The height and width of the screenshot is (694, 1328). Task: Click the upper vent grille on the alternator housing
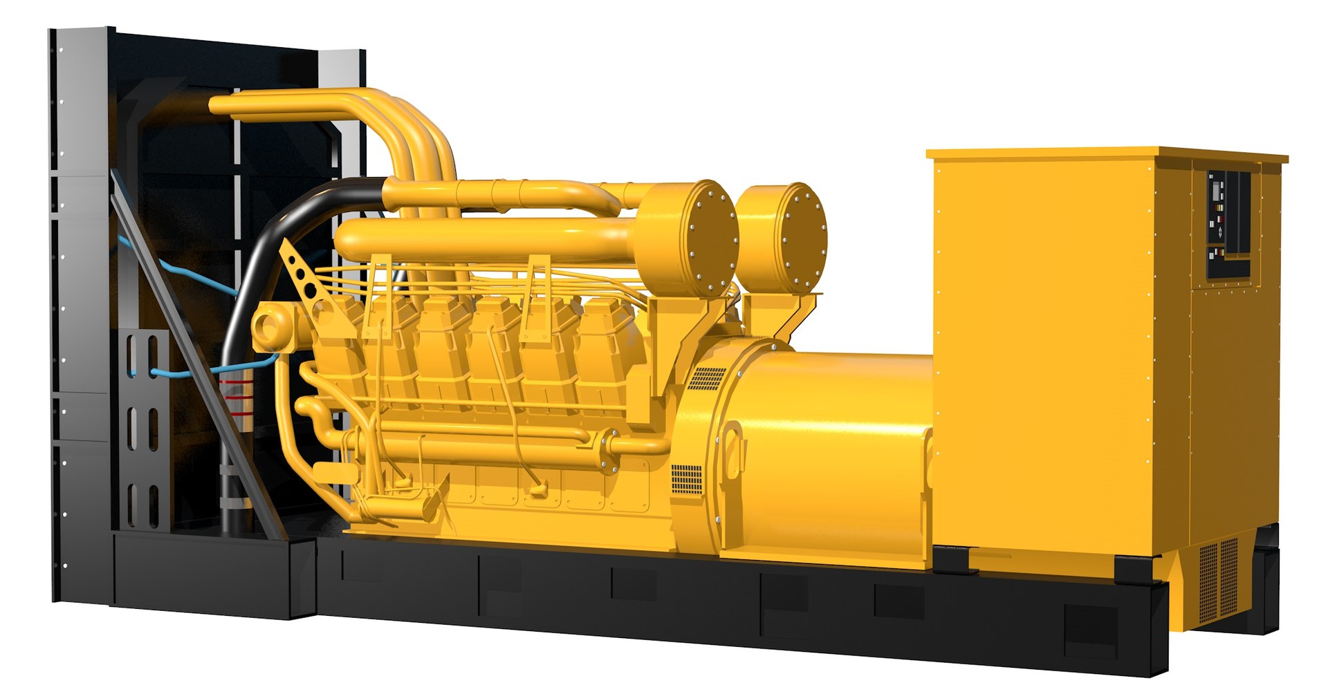pyautogui.click(x=707, y=378)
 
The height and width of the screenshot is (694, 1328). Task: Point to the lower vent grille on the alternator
pyautogui.click(x=686, y=479)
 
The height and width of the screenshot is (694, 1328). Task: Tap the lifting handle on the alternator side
pyautogui.click(x=735, y=449)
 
